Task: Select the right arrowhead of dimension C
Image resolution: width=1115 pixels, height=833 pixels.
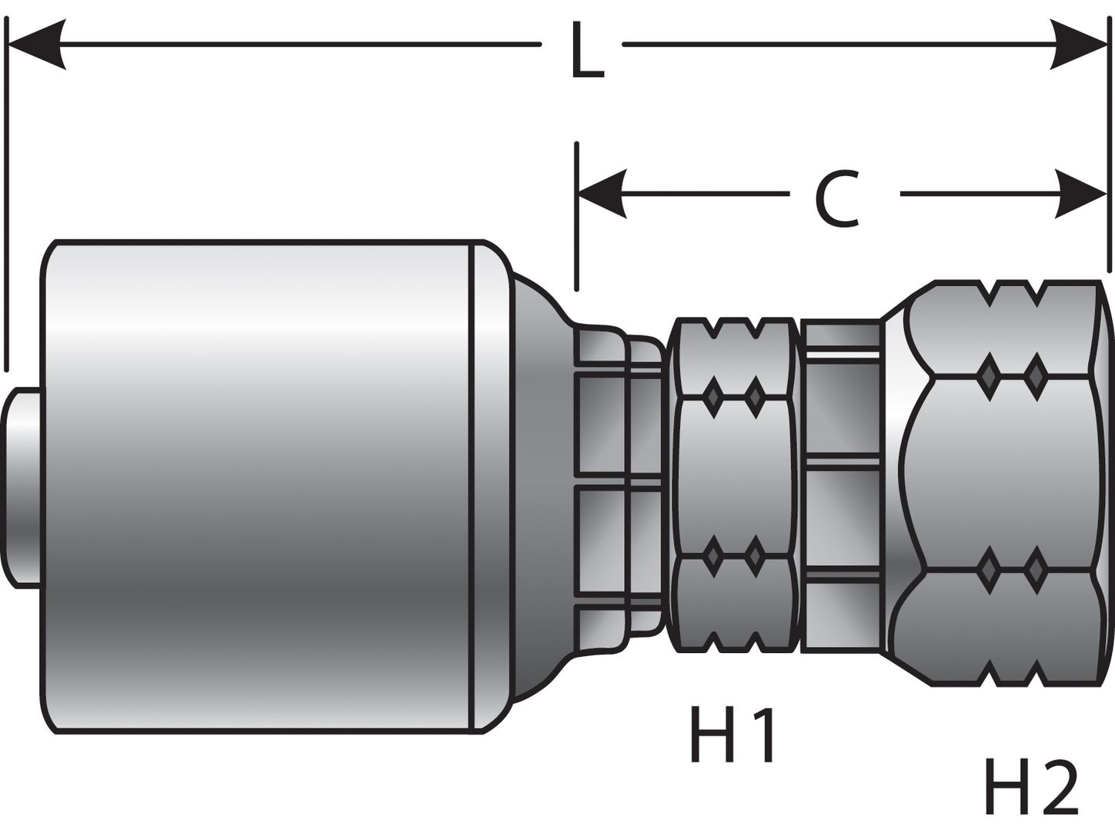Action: (x=1081, y=193)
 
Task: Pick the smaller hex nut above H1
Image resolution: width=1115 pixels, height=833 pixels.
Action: (x=733, y=485)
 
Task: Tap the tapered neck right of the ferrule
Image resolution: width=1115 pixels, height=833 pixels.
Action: (x=539, y=485)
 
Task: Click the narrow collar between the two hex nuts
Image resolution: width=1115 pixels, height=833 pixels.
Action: (x=841, y=485)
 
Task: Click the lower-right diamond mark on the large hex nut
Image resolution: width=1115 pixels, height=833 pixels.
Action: (x=1036, y=569)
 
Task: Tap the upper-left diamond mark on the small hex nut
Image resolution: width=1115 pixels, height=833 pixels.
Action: (x=713, y=396)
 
